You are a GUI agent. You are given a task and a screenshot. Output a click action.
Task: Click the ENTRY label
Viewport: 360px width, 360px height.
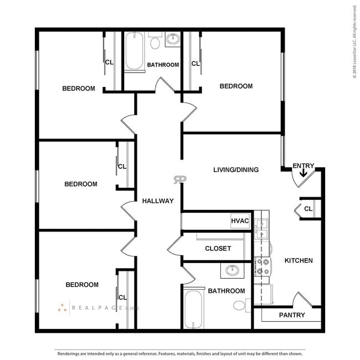303,166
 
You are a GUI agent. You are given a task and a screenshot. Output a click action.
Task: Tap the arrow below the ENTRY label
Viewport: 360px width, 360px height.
303,174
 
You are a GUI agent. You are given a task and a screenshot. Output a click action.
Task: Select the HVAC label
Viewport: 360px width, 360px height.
240,221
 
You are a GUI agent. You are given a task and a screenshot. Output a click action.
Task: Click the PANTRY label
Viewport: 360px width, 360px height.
292,315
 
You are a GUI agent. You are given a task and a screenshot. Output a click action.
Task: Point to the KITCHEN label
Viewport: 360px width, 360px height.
299,260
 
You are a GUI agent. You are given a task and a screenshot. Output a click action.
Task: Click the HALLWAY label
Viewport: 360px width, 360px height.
158,201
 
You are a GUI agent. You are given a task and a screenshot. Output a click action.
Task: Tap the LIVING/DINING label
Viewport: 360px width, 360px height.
235,169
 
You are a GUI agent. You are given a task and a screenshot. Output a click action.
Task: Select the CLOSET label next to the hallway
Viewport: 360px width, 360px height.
218,249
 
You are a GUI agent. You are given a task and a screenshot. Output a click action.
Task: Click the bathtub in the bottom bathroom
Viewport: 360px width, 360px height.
193,309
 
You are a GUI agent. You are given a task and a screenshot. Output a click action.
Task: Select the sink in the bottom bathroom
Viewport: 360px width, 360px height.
232,271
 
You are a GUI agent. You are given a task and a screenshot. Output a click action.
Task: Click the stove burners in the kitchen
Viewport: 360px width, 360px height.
261,267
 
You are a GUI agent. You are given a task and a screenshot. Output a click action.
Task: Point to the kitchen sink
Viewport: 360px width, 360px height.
261,229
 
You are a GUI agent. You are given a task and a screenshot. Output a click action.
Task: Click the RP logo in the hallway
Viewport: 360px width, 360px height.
180,179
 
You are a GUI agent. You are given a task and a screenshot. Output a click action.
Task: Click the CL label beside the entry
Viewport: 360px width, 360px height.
308,208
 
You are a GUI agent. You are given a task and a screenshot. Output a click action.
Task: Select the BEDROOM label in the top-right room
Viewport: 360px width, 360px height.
236,86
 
